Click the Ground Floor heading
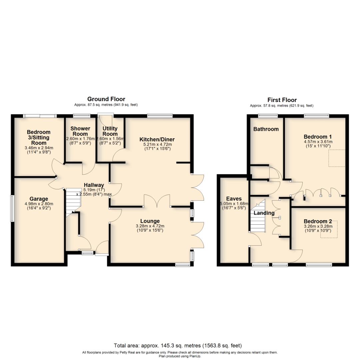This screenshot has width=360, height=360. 106,99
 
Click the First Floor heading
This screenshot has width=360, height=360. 282,100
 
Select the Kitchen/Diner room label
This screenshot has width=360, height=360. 157,139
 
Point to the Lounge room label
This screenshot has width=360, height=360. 150,221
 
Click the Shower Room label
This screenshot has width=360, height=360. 80,131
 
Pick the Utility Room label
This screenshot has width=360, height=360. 110,131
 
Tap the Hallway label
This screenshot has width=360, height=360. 94,185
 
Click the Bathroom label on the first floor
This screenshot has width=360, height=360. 266,129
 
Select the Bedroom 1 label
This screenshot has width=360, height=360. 318,137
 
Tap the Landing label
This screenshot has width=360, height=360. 264,213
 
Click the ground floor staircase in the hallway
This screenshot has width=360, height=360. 73,200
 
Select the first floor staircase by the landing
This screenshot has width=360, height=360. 257,217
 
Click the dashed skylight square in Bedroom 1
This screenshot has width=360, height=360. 337,158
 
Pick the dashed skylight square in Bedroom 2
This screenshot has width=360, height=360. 329,229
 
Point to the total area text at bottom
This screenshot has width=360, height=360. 178,346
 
